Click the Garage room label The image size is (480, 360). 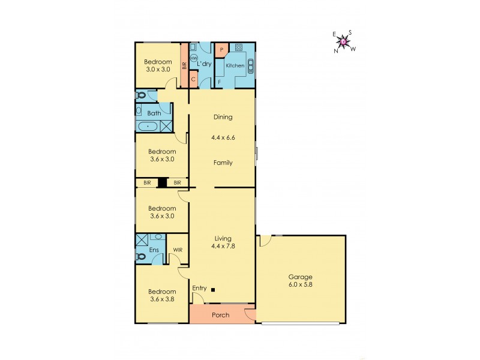(x=300, y=277)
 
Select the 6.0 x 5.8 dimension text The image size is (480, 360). (x=300, y=285)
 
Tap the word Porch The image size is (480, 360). (x=221, y=315)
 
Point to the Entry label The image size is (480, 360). (x=199, y=289)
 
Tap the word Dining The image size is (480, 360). (x=222, y=117)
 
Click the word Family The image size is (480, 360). (x=222, y=163)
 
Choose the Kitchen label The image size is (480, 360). (x=235, y=65)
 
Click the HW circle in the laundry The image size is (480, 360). (x=194, y=58)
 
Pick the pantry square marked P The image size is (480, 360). (x=221, y=50)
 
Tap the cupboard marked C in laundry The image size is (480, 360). (x=194, y=79)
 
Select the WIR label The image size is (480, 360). (x=178, y=250)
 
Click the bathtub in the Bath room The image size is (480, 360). (x=148, y=127)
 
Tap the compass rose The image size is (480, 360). (x=343, y=41)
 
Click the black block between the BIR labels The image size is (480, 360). (x=162, y=182)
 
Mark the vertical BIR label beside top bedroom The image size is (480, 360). (x=185, y=66)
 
